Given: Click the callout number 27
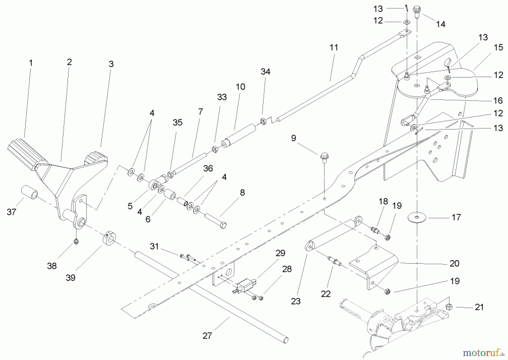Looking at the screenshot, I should [207, 336].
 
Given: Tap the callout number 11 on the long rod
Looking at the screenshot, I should [334, 47].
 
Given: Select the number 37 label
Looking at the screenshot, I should [11, 212].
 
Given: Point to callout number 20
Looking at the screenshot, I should [454, 263].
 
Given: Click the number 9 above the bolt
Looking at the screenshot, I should [294, 138].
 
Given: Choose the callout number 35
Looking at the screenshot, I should [177, 122].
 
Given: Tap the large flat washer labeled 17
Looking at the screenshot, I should [417, 217].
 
